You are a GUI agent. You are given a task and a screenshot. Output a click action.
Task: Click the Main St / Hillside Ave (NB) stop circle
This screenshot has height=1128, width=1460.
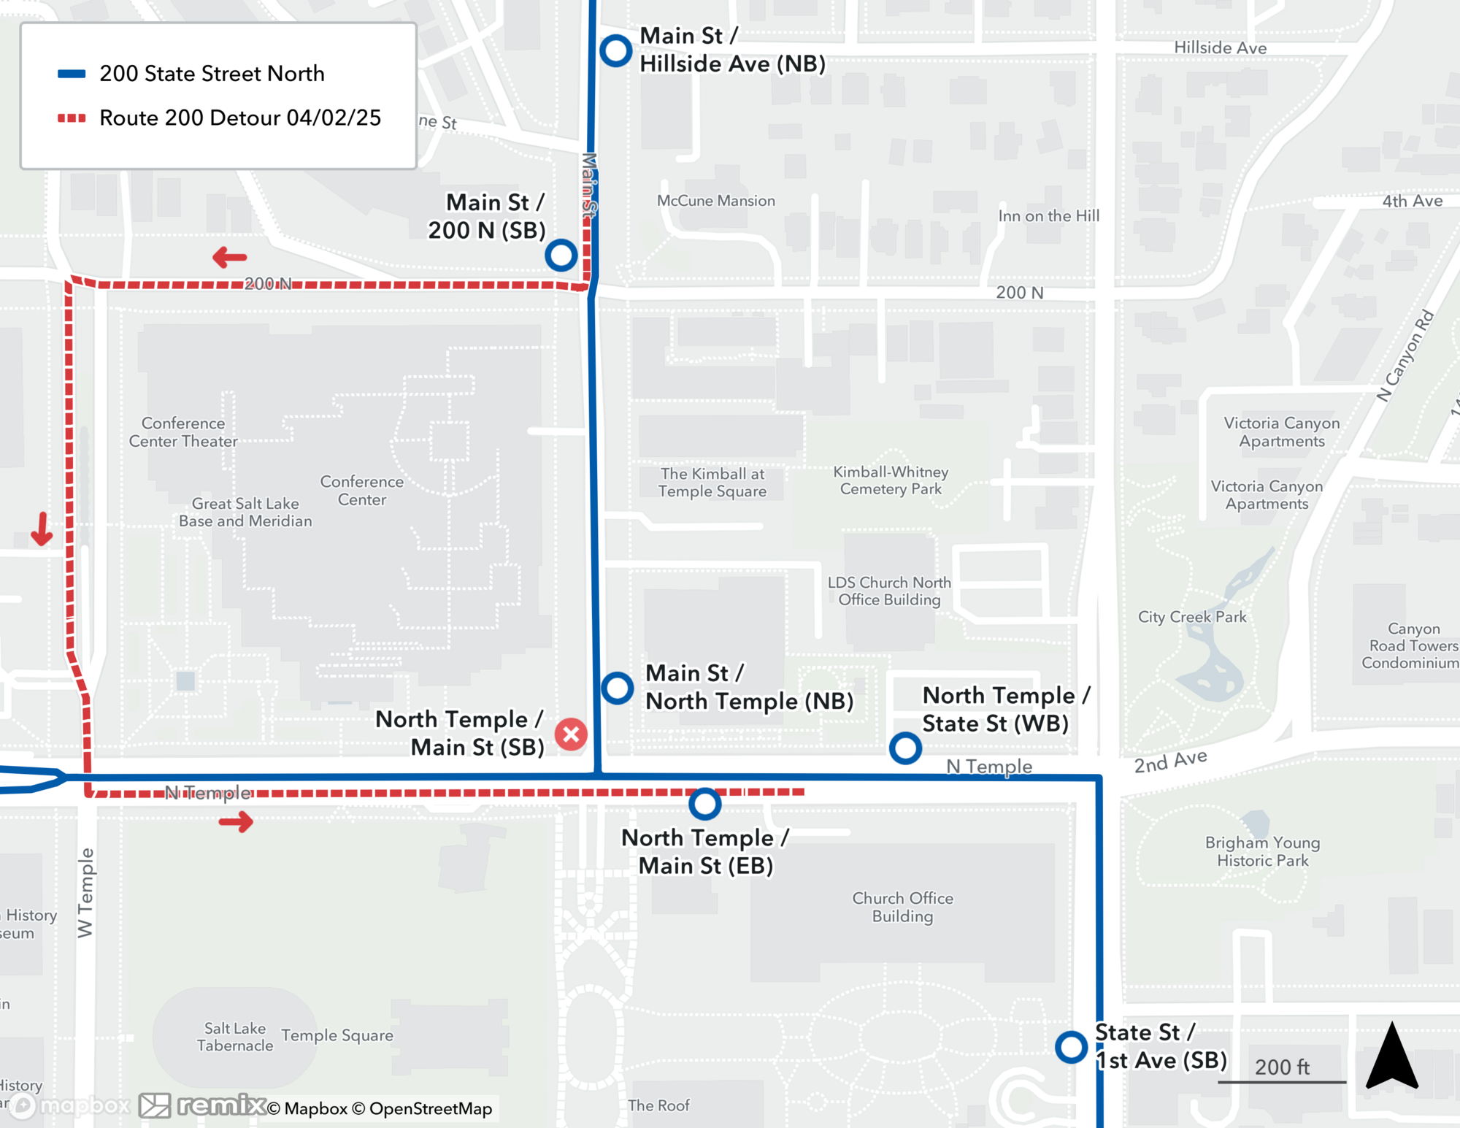coord(615,50)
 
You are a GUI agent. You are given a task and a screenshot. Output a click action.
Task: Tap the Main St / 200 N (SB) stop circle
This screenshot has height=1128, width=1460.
coord(561,255)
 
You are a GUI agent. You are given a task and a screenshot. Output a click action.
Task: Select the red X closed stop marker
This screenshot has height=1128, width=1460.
coord(571,734)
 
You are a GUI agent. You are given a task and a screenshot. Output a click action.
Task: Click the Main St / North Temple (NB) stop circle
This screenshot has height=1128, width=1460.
coord(617,688)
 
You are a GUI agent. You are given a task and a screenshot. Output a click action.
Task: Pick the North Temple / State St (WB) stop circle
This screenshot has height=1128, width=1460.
coord(905,748)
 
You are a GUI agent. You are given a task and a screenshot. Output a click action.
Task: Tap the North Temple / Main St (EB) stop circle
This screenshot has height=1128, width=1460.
coord(704,803)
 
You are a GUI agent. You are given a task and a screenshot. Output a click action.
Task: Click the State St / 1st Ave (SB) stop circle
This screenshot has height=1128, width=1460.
coord(1071,1047)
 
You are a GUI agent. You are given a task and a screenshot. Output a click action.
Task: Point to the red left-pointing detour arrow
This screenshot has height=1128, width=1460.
coord(229,257)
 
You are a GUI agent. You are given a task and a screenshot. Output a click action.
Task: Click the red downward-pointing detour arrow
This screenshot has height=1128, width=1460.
coord(42,529)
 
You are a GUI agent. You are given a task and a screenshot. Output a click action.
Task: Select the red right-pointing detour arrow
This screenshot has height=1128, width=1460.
coord(236,823)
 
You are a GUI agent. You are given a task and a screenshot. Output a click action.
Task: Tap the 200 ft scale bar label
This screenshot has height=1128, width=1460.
coord(1282,1067)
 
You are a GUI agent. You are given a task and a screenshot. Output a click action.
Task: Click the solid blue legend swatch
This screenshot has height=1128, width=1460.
coord(72,74)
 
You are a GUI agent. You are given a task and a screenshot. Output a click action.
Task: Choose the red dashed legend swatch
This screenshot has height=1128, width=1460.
coord(72,118)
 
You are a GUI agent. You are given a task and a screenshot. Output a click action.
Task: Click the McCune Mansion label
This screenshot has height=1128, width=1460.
coord(715,201)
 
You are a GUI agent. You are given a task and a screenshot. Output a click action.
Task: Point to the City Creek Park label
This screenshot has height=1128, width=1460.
coord(1192,617)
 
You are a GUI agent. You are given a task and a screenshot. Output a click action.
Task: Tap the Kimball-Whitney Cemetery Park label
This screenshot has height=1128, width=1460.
coord(891,480)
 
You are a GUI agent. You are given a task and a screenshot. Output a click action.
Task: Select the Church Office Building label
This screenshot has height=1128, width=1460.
coord(902,907)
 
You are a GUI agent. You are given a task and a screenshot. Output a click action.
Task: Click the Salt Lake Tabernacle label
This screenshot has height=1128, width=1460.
coord(234,1037)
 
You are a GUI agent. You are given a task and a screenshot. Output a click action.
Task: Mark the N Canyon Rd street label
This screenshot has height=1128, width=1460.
coord(1405,356)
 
